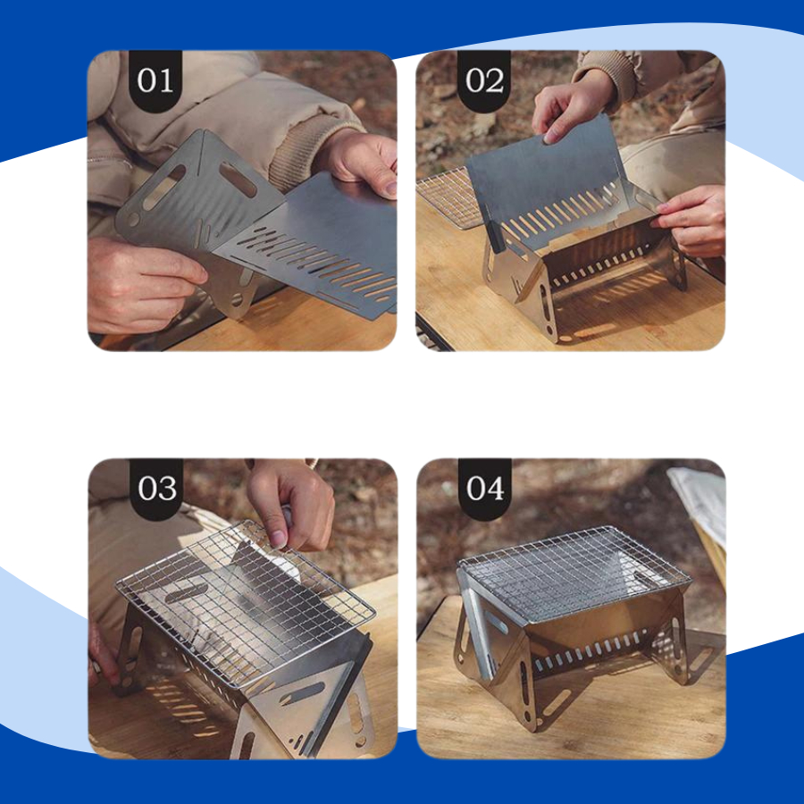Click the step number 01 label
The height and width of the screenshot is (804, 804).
tap(155, 81)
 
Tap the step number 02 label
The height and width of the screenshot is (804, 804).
tap(483, 81)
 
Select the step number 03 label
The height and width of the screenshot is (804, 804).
tap(156, 489)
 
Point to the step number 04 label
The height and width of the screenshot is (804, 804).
tap(484, 489)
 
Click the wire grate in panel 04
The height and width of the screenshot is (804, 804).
tap(574, 574)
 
